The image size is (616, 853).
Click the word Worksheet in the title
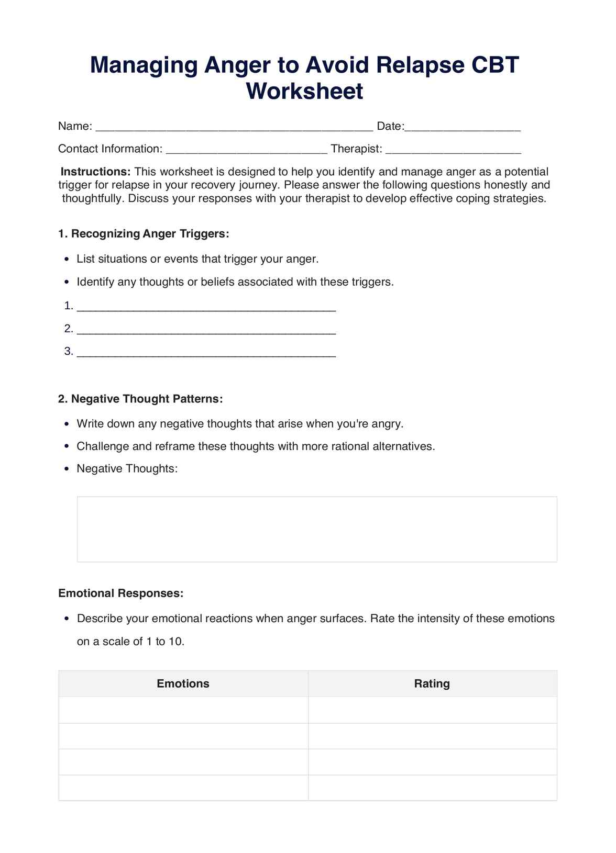304,92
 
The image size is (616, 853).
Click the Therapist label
356,149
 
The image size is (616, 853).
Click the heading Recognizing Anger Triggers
144,233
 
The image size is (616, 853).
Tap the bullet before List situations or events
66,260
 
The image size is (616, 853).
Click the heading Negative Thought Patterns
140,399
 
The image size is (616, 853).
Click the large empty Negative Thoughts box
317,529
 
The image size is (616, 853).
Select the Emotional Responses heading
120,593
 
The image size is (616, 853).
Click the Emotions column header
183,683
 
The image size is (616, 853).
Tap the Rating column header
432,683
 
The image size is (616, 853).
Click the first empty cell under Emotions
183,710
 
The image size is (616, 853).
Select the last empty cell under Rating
432,788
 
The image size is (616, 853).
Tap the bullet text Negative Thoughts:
127,468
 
